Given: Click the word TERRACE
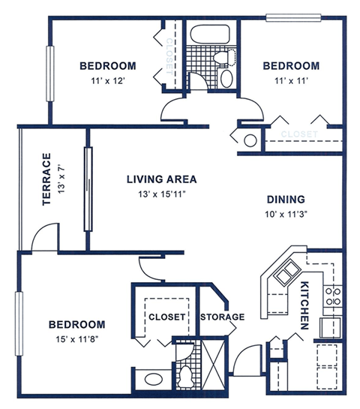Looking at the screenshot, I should pos(46,179).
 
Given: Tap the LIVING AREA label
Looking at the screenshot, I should pos(161,179).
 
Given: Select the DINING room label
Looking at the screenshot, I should pos(286,200).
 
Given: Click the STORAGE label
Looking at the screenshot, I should pos(222,317).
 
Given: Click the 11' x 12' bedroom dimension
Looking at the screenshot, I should pos(107,80).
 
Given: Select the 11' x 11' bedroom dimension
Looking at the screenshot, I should pos(290,80).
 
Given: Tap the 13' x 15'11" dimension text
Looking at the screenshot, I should pos(161,194).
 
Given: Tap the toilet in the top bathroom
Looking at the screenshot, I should pos(223,57).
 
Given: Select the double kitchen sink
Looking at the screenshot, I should pos(285,275).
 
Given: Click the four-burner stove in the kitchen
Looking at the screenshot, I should pos(332,294).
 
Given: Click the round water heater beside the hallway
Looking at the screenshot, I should pos(249,139).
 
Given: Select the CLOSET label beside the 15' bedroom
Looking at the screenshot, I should pos(166,317).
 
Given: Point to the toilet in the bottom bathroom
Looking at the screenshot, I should pos(185,371).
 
